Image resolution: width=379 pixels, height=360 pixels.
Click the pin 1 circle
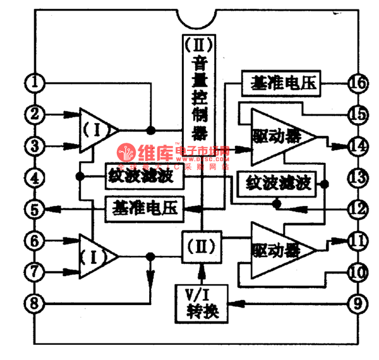click(x=35, y=82)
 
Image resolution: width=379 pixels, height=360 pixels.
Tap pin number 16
click(x=357, y=82)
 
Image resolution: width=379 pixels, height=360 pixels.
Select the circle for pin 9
click(x=357, y=303)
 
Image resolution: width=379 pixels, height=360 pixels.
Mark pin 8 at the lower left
click(x=35, y=303)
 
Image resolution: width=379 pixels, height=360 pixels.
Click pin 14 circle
click(x=357, y=146)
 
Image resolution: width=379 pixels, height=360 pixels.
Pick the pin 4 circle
click(x=35, y=177)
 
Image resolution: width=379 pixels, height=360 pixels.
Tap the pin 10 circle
click(x=357, y=272)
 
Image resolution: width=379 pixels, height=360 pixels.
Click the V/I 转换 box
click(x=201, y=303)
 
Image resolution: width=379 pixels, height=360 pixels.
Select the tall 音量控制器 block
click(x=200, y=88)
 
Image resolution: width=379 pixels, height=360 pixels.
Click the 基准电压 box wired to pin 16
click(x=282, y=83)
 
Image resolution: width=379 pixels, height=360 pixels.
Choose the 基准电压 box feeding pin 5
click(x=145, y=207)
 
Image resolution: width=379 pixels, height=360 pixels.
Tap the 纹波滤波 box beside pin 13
click(x=277, y=184)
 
